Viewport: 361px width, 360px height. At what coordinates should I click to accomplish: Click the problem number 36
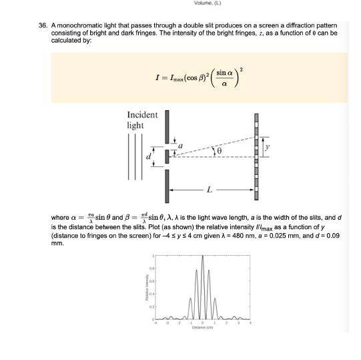pyautogui.click(x=43, y=25)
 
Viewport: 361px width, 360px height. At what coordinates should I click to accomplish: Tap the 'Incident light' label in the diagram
pyautogui.click(x=142, y=120)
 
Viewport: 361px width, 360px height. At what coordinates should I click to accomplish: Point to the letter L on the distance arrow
pyautogui.click(x=210, y=190)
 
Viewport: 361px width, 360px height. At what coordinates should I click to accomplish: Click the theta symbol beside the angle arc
pyautogui.click(x=217, y=152)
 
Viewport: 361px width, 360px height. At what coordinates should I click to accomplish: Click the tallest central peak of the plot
pyautogui.click(x=203, y=258)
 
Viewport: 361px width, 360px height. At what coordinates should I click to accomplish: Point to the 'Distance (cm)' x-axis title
pyautogui.click(x=202, y=327)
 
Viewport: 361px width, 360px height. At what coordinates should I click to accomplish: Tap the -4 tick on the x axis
pyautogui.click(x=155, y=323)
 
